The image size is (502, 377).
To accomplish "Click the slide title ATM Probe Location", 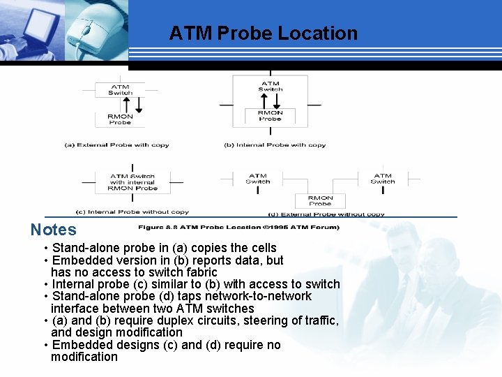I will pyautogui.click(x=263, y=34).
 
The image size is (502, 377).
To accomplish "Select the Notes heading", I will pyautogui.click(x=53, y=230).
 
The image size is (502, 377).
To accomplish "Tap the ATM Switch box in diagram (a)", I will pyautogui.click(x=120, y=90).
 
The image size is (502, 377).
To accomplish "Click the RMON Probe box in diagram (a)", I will pyautogui.click(x=120, y=119).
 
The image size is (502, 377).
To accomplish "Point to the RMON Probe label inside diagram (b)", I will pyautogui.click(x=270, y=116).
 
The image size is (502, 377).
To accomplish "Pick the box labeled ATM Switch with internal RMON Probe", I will pyautogui.click(x=132, y=182).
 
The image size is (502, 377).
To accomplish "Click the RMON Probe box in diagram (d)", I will pyautogui.click(x=320, y=200).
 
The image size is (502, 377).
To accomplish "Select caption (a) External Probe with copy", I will pyautogui.click(x=116, y=145).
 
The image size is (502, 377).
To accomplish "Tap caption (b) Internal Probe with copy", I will pyautogui.click(x=275, y=145).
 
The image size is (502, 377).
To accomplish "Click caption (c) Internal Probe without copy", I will pyautogui.click(x=132, y=212).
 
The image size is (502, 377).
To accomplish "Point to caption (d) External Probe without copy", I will pyautogui.click(x=326, y=214).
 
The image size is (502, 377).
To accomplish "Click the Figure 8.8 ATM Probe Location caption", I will pyautogui.click(x=238, y=227).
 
